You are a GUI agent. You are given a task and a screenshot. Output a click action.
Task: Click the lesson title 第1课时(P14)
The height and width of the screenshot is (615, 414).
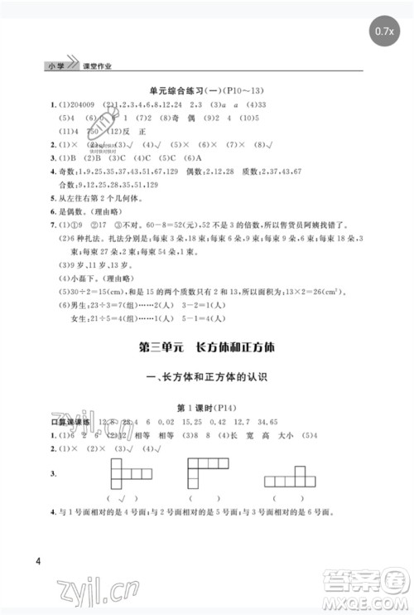206,408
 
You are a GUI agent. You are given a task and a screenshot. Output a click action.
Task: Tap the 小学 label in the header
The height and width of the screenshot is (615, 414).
56,65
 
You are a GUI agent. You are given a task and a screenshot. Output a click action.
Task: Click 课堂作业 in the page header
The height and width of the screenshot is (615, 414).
97,65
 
